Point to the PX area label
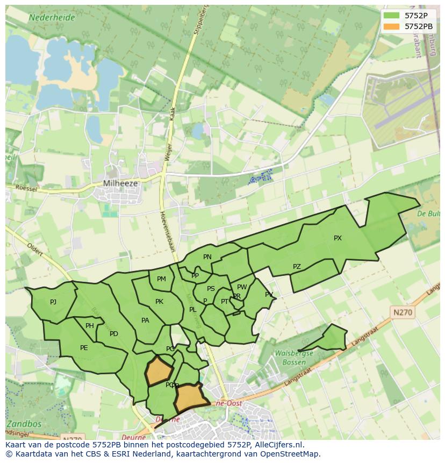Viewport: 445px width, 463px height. (338, 238)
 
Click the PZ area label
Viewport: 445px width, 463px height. (297, 267)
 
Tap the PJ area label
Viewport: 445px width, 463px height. (53, 302)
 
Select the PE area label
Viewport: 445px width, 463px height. (84, 348)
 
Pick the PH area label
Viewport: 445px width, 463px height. (90, 326)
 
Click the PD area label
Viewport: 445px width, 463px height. (114, 334)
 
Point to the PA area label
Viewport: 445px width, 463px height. (145, 320)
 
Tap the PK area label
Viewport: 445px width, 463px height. (159, 302)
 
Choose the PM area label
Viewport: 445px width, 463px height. (161, 279)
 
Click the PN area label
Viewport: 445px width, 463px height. (207, 257)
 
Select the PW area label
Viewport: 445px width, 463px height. (242, 287)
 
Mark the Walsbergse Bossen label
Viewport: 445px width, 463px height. (293, 358)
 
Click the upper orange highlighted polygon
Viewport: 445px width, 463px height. (160, 371)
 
